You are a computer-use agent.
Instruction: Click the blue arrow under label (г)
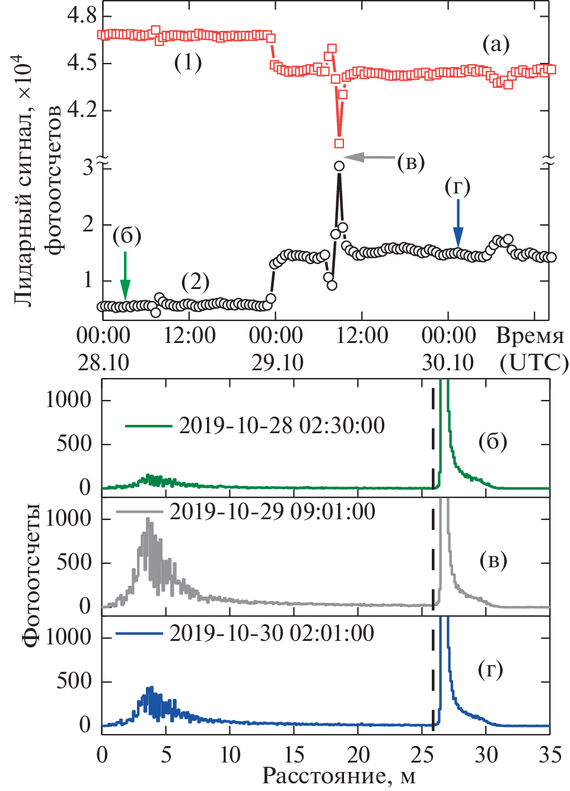457,223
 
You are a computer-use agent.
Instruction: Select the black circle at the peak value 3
339,166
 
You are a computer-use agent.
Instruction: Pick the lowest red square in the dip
339,143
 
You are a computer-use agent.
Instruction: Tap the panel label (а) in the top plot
496,43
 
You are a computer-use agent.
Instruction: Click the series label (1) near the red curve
187,62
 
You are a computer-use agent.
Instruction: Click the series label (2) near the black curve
195,281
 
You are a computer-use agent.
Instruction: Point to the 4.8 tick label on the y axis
82,15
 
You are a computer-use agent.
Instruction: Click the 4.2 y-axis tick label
82,110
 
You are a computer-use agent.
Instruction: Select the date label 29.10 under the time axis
277,363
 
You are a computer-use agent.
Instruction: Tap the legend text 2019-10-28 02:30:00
282,425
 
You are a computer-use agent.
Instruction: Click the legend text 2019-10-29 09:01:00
272,512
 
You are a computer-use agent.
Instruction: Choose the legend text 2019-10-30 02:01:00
272,633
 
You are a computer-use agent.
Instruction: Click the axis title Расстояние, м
339,776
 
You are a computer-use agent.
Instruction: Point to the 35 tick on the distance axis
550,754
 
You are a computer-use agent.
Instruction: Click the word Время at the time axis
530,336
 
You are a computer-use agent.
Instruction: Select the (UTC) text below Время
534,363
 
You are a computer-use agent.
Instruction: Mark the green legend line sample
148,425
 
